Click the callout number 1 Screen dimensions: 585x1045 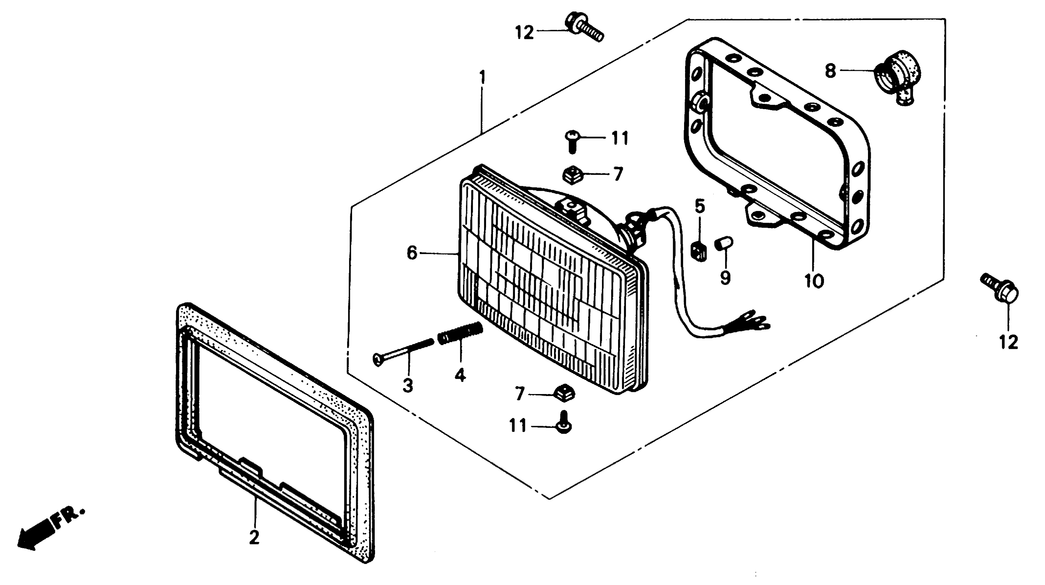[482, 77]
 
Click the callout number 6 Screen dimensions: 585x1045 [412, 253]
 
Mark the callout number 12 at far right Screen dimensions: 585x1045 [1009, 342]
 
